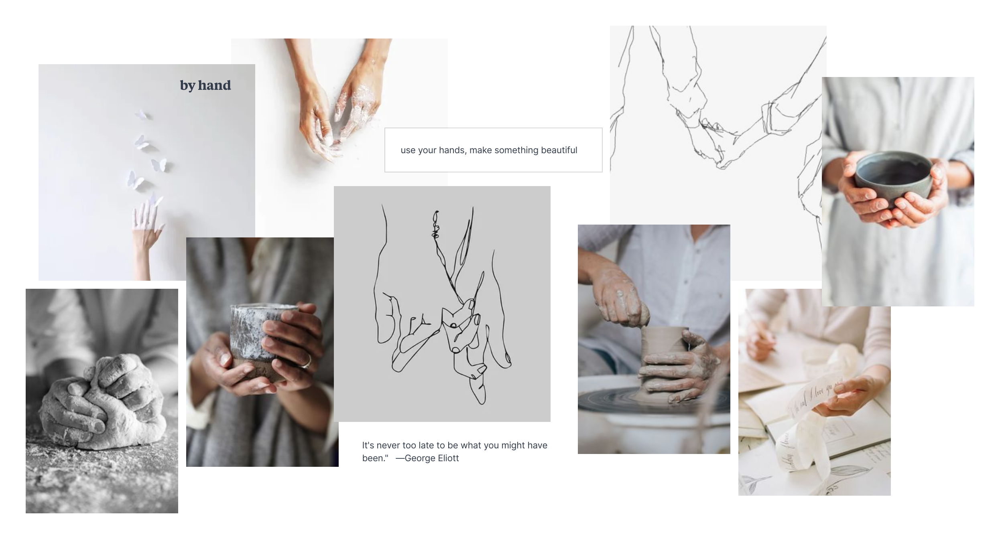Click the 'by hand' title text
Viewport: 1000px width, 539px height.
pyautogui.click(x=205, y=85)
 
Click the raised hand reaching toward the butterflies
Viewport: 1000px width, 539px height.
pyautogui.click(x=146, y=229)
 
